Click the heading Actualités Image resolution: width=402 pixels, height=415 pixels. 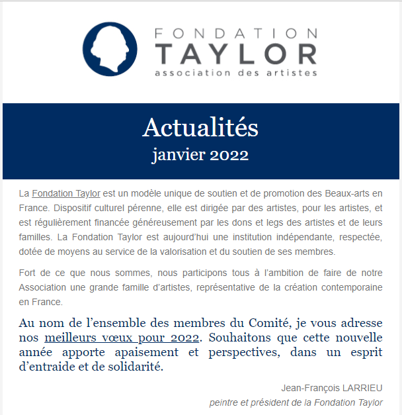coord(200,128)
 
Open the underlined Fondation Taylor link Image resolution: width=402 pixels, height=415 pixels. coord(66,194)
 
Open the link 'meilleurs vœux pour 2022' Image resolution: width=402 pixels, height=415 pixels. coord(122,338)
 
